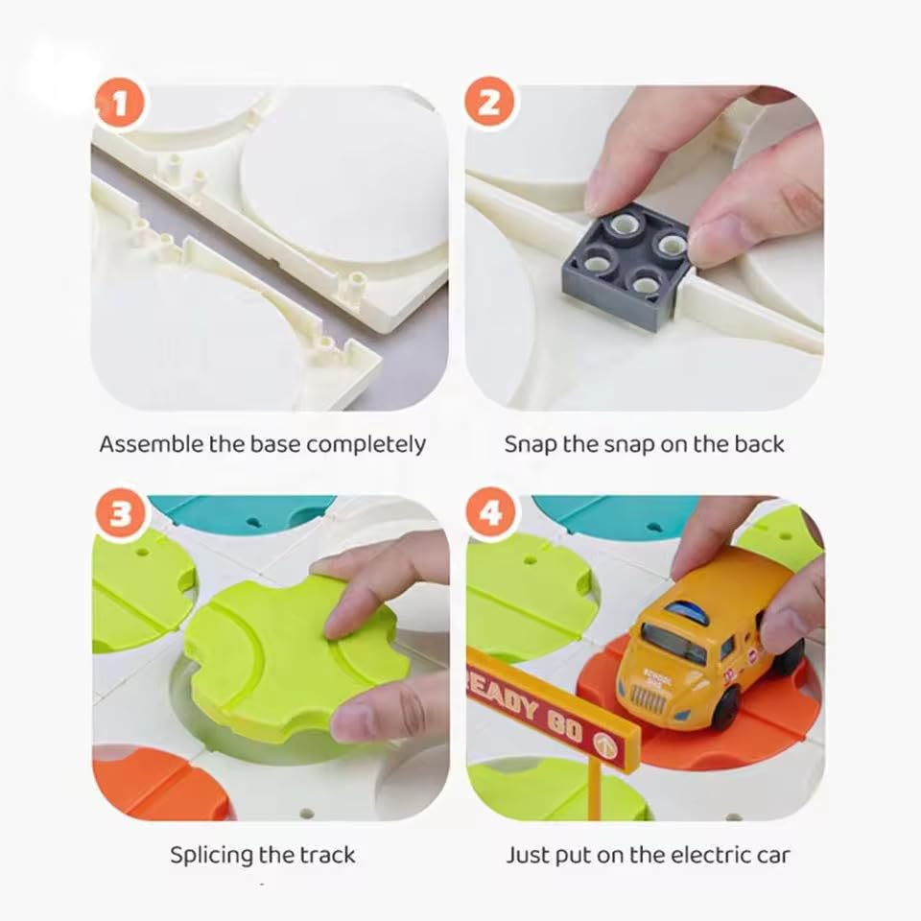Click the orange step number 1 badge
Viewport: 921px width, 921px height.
click(120, 105)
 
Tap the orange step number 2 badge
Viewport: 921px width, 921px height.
click(490, 105)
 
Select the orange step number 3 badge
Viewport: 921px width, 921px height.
click(120, 515)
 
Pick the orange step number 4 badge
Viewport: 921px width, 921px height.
click(490, 515)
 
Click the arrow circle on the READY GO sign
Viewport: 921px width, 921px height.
click(605, 744)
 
